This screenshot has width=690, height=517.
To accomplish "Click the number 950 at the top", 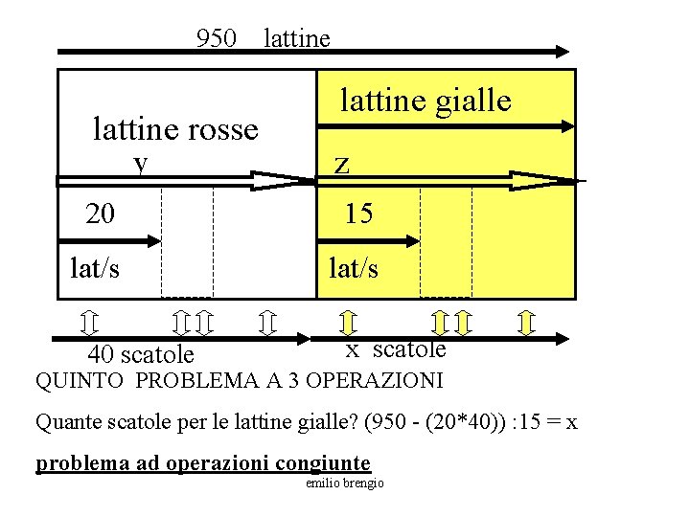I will click(216, 38).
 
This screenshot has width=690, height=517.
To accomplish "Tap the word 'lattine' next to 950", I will click(296, 38).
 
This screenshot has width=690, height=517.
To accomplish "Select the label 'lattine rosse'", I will click(175, 128).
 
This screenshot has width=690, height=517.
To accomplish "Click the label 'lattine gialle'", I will click(426, 100).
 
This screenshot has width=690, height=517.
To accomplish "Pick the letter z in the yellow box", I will click(342, 165).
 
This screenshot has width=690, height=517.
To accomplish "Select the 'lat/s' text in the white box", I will click(95, 268).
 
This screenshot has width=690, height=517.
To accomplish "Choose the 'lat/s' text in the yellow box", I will click(353, 269).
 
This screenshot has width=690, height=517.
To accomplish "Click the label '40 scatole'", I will click(140, 356).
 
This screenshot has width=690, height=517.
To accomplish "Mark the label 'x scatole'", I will click(395, 349).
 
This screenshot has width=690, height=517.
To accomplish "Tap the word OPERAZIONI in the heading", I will click(379, 381).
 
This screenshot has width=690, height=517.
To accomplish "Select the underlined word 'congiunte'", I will click(321, 464).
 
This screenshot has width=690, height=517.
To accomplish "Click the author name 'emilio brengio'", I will click(344, 483).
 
